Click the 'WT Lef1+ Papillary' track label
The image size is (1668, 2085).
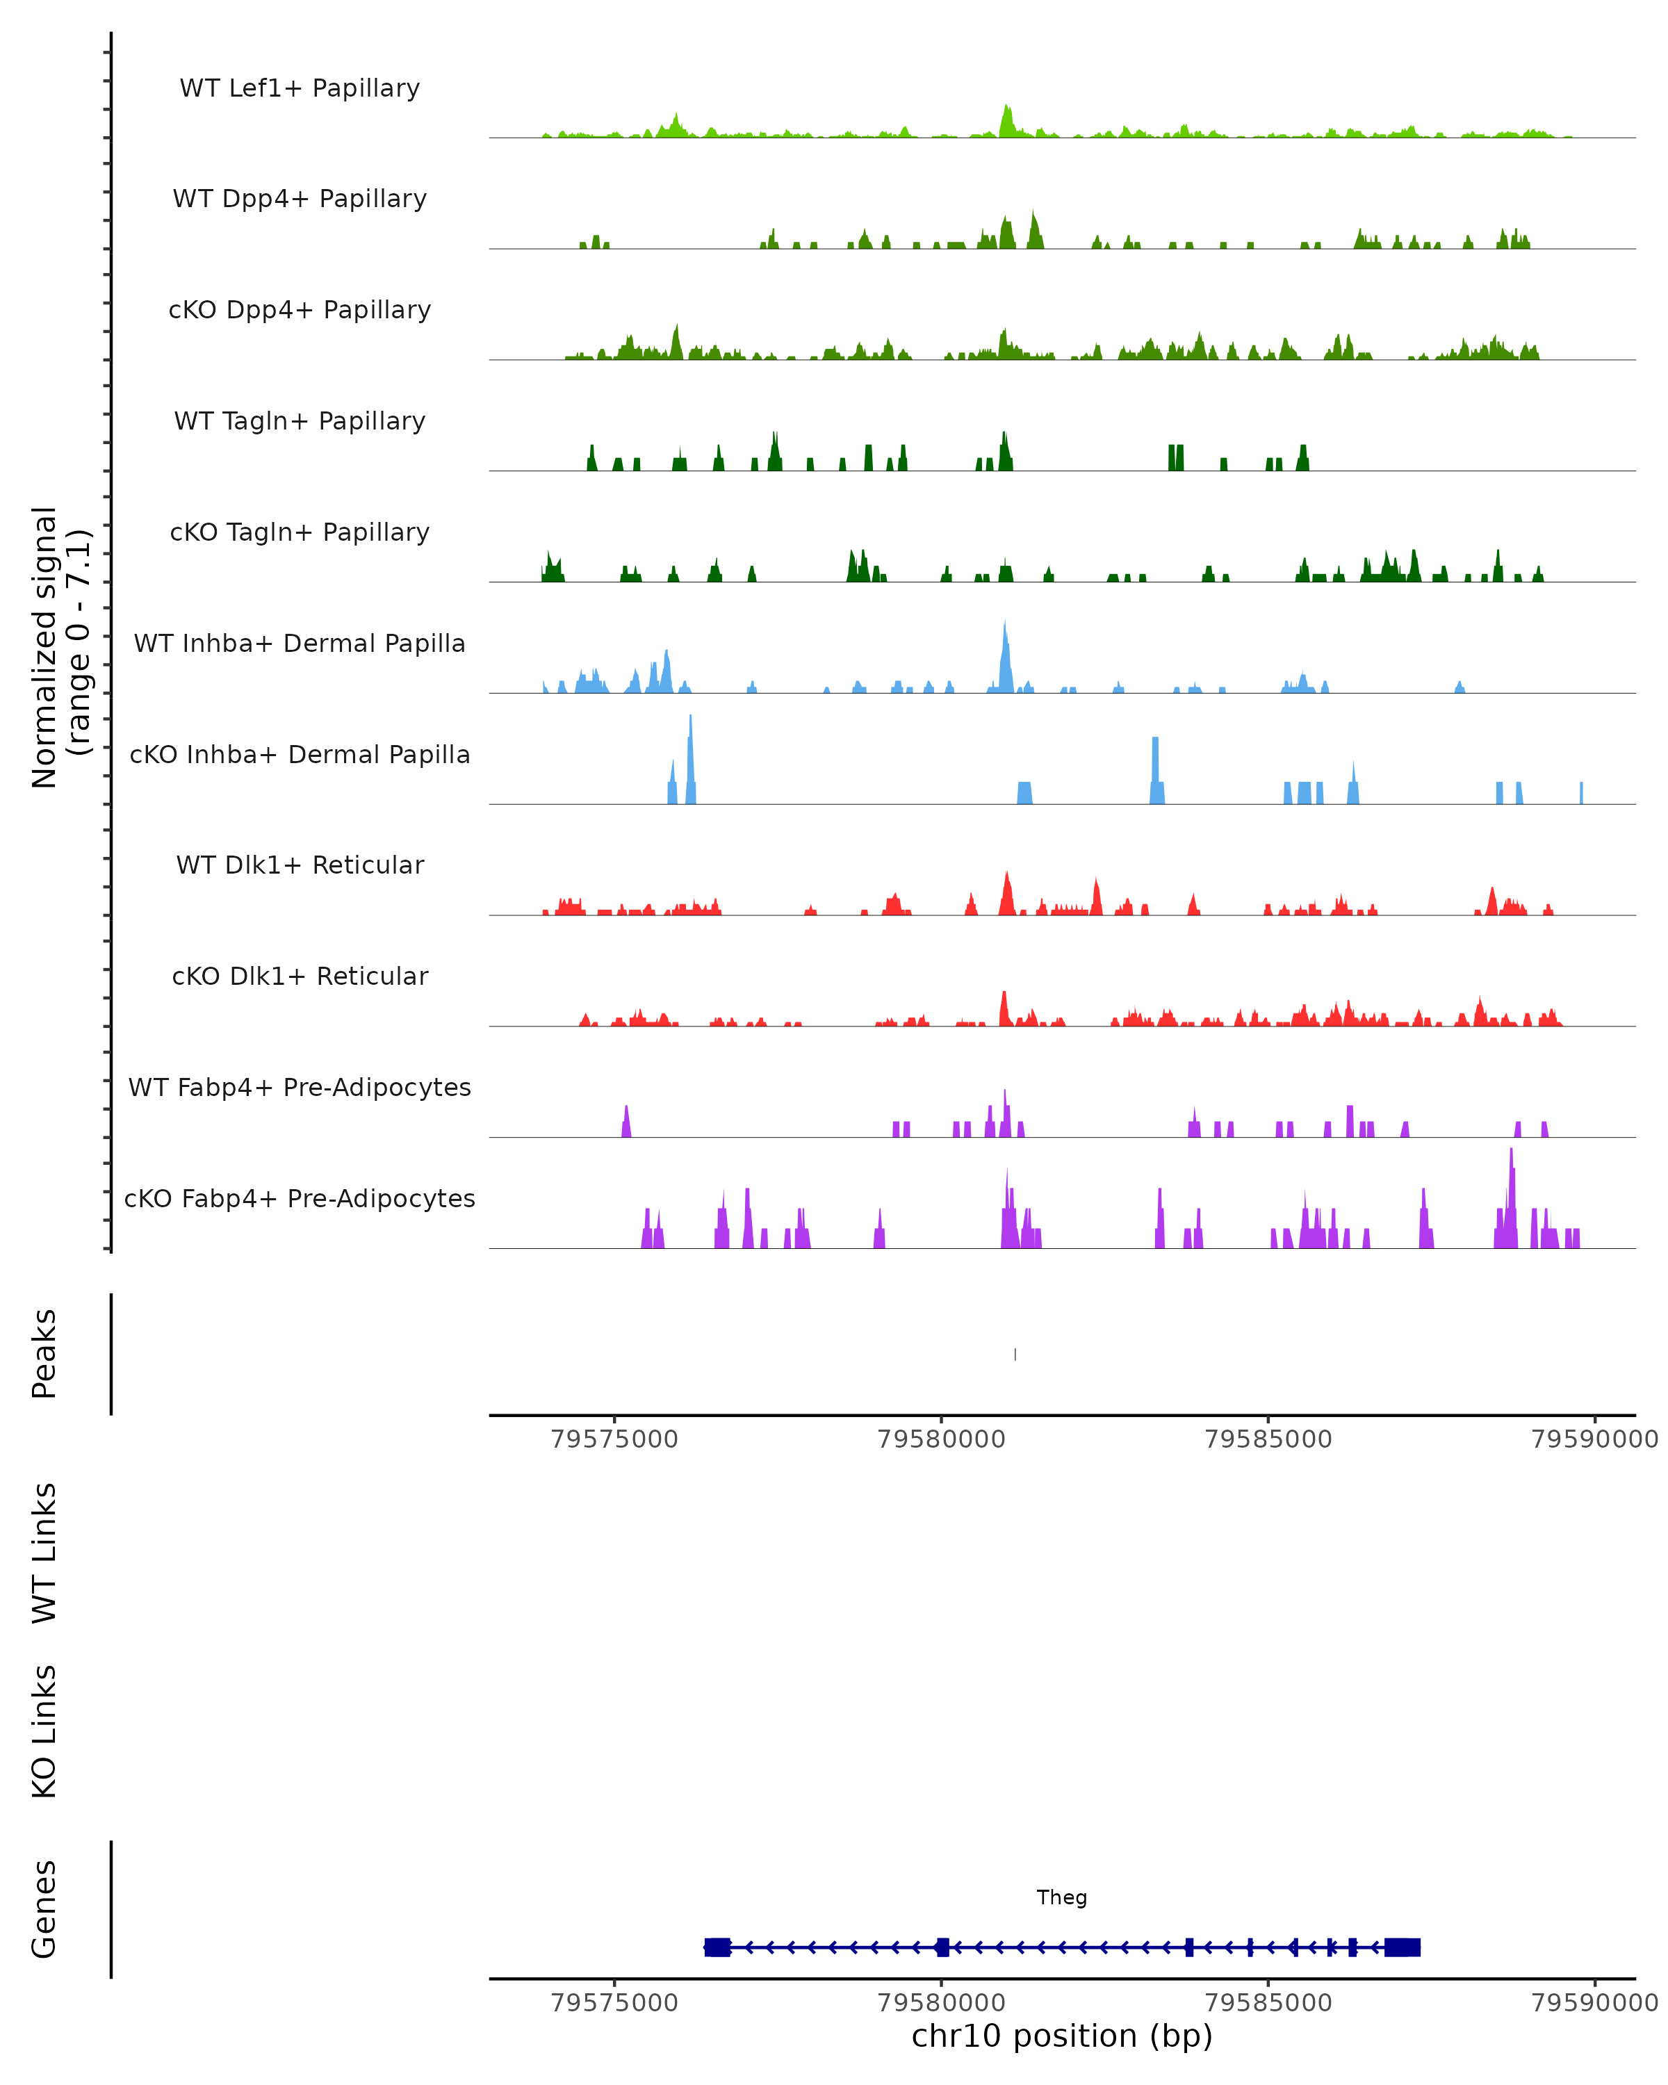pos(300,88)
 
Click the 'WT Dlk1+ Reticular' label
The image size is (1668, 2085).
pos(300,865)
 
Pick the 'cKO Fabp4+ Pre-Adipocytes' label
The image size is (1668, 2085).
pos(300,1198)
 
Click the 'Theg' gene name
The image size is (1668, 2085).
pos(1062,1897)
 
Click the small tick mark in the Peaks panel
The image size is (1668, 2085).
pos(1014,1354)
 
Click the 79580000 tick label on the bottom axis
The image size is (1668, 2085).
pos(941,2002)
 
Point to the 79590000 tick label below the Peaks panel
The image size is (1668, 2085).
pos(1594,1439)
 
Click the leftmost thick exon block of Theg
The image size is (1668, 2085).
pos(717,1947)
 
